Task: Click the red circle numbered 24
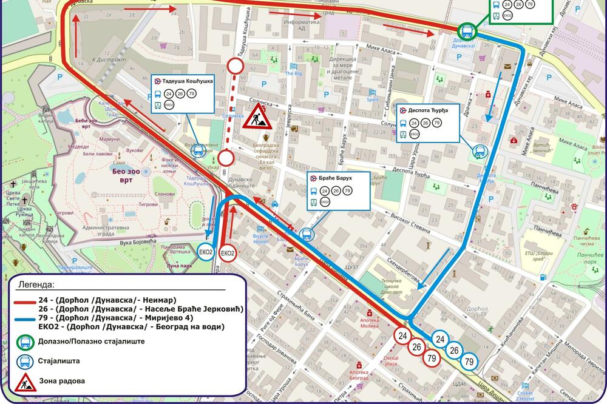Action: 402,335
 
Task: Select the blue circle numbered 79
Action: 469,362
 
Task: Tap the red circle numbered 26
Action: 416,347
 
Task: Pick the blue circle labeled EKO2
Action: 206,252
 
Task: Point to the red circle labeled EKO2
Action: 228,253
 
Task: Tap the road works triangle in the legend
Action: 26,382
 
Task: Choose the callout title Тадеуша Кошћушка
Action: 188,81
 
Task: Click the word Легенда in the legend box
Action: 36,284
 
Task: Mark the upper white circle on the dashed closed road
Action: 235,66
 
